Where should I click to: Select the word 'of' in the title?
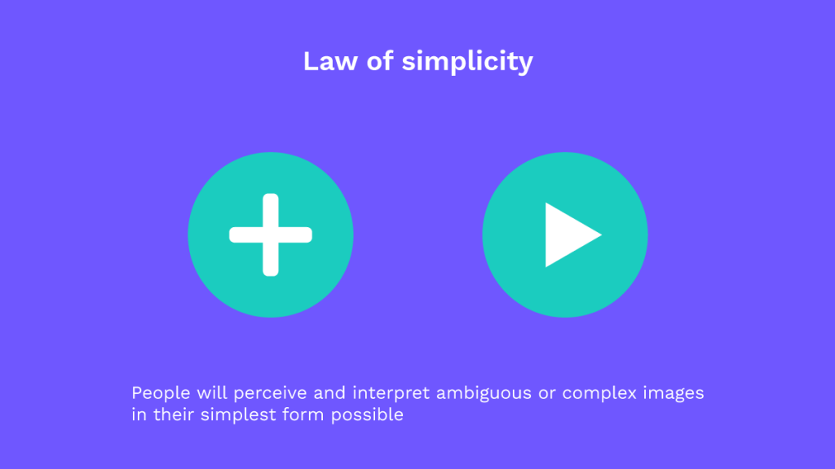[x=381, y=61]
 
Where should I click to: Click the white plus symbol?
[x=271, y=234]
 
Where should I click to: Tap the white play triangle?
[x=567, y=234]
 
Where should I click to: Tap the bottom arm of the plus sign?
[x=271, y=261]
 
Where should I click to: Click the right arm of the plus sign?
[x=298, y=234]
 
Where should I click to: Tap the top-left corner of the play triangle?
[x=547, y=204]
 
